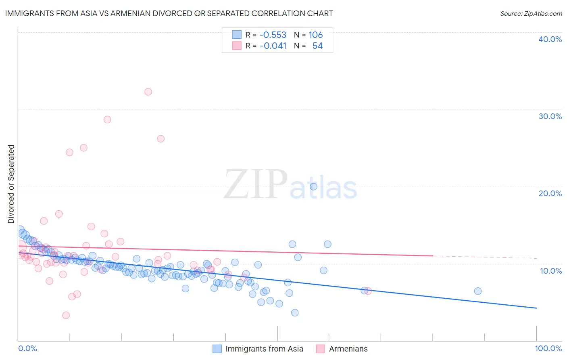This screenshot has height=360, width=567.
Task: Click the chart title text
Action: pos(169,13)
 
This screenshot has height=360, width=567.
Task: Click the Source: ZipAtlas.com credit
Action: pos(531,13)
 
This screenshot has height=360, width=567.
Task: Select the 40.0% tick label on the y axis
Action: pos(550,39)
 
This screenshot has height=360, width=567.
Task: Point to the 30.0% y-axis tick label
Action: pos(550,116)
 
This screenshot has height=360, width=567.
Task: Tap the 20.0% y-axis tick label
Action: pos(550,193)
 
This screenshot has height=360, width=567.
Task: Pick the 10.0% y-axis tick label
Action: pos(550,271)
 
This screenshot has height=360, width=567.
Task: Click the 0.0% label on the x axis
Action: pos(27,348)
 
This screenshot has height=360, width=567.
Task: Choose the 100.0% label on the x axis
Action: pos(548,348)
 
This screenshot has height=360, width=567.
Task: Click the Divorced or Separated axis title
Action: pos(11,184)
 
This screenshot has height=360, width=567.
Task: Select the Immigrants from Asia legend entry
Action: pos(258,349)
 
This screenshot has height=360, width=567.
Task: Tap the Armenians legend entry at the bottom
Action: pos(342,349)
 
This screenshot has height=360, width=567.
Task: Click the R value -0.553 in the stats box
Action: pos(273,35)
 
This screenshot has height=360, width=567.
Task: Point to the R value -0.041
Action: pos(273,46)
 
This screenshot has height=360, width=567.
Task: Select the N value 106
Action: pos(316,35)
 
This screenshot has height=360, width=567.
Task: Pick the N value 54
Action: pos(317,46)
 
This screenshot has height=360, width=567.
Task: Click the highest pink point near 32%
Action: pos(148,92)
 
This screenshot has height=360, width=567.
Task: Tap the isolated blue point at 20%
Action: pos(313,186)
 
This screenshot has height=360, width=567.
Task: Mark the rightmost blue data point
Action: pos(478,291)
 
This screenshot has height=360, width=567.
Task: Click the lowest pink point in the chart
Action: pos(66,315)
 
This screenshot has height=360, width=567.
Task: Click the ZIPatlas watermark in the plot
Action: pos(290,185)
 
